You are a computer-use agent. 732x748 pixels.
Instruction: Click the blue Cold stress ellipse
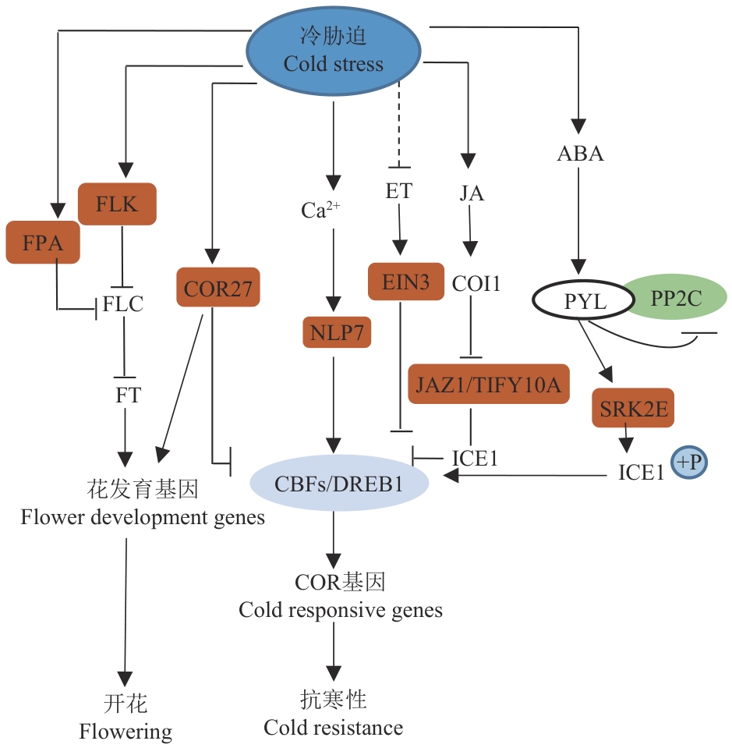(334, 50)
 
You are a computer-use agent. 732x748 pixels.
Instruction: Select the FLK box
(117, 205)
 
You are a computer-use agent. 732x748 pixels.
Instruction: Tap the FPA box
(43, 243)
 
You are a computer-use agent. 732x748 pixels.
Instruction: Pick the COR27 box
(218, 287)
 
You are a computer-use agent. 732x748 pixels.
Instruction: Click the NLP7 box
(337, 332)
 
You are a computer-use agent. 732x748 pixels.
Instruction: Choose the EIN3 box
(399, 281)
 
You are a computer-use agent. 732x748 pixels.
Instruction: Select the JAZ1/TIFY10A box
(489, 383)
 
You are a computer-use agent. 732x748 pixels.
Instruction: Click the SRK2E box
(634, 406)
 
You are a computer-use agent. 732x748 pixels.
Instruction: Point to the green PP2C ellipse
(675, 299)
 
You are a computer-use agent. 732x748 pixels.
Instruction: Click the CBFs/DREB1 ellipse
(338, 484)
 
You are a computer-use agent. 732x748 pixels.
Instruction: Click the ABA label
(580, 154)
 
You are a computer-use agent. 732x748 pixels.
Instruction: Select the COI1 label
(476, 284)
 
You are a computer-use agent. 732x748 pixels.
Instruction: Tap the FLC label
(125, 303)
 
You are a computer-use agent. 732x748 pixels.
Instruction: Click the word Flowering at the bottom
(126, 731)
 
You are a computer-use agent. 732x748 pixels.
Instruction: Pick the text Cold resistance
(333, 728)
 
